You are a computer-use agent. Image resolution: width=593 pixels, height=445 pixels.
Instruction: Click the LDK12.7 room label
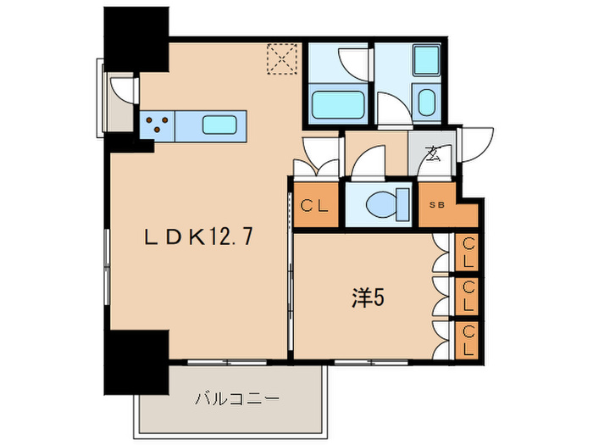199,239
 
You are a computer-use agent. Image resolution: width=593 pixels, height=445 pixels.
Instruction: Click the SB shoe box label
436,205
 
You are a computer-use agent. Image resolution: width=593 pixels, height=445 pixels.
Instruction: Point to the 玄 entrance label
434,154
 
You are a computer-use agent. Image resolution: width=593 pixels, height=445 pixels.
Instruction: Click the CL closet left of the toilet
315,205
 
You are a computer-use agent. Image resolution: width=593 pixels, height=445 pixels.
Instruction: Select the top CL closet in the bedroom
468,253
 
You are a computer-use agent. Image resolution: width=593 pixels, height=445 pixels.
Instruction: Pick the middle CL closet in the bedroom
468,296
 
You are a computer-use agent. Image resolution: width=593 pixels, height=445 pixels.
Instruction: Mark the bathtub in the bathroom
338,105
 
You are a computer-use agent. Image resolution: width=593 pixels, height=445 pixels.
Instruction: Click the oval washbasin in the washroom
425,103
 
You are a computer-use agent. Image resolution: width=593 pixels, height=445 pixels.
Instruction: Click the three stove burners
157,126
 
